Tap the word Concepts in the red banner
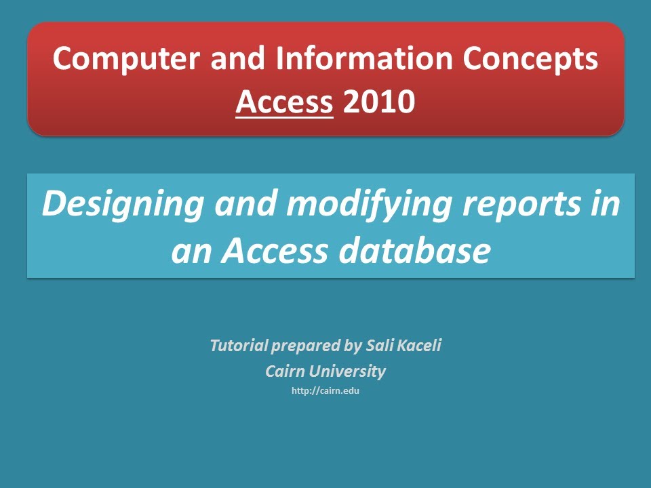click(530, 59)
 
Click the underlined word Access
click(284, 102)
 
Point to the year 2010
click(379, 102)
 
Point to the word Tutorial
click(239, 346)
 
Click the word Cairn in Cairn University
click(285, 371)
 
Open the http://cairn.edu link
click(325, 391)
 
